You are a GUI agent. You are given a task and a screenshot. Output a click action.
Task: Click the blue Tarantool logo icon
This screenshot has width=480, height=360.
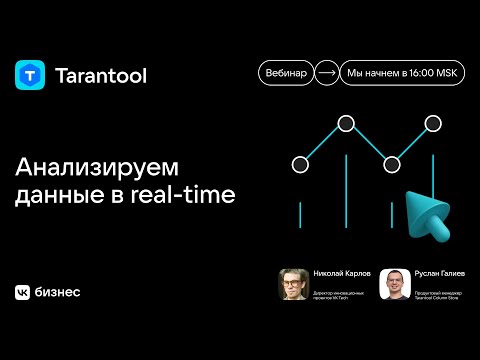click(30, 75)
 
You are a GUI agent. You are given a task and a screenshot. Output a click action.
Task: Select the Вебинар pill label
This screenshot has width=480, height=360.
click(285, 74)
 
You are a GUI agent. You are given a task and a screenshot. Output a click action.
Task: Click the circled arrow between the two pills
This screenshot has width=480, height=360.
click(326, 74)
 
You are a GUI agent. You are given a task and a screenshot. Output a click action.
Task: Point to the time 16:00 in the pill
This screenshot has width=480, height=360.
click(415, 74)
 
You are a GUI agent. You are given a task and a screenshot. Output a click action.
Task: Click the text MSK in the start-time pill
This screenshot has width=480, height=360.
click(446, 74)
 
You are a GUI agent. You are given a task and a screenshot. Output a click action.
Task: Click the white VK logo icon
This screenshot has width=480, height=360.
click(22, 292)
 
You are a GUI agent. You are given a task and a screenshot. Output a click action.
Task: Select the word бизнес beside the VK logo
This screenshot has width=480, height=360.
click(58, 292)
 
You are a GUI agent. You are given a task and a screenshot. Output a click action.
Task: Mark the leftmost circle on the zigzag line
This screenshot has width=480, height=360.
click(299, 163)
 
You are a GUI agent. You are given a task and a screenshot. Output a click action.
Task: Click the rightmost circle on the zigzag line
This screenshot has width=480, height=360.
click(433, 124)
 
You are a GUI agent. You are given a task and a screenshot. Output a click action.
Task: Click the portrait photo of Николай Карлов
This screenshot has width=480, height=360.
click(292, 284)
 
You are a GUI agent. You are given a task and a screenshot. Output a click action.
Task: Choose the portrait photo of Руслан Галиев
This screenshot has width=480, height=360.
click(394, 284)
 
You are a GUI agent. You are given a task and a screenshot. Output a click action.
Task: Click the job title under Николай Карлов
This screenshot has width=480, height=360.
click(334, 293)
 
